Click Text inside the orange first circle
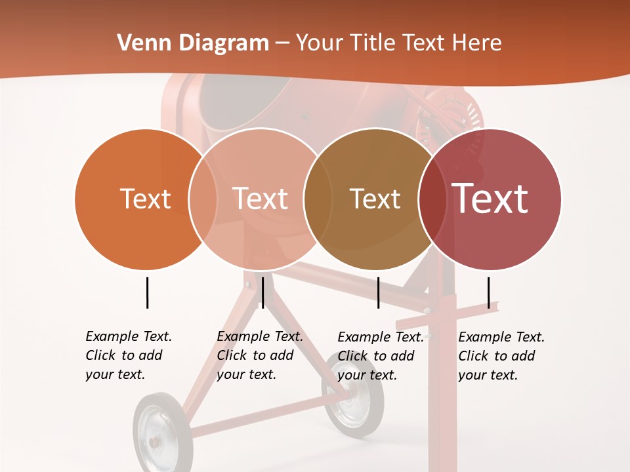pyautogui.click(x=145, y=199)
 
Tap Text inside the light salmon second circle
pyautogui.click(x=261, y=199)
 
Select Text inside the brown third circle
pyautogui.click(x=375, y=199)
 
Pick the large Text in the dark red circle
pyautogui.click(x=490, y=199)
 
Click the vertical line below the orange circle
pyautogui.click(x=148, y=292)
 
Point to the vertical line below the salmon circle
pyautogui.click(x=262, y=292)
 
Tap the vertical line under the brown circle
pyautogui.click(x=379, y=292)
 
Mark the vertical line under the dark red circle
pyautogui.click(x=489, y=292)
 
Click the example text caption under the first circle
pyautogui.click(x=128, y=355)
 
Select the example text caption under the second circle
pyautogui.click(x=259, y=355)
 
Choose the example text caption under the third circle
pyautogui.click(x=380, y=356)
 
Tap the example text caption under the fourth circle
pyautogui.click(x=501, y=356)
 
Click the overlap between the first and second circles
pyautogui.click(x=203, y=199)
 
